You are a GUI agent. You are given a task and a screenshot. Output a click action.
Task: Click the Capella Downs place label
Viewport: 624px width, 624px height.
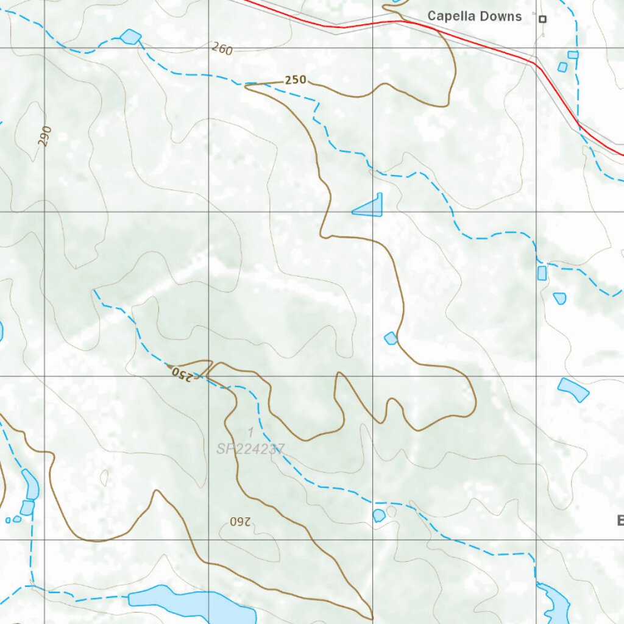474,16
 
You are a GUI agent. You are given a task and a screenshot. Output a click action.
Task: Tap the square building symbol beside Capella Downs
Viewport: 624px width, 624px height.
542,19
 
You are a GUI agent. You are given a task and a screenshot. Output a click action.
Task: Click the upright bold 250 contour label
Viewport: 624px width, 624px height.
296,80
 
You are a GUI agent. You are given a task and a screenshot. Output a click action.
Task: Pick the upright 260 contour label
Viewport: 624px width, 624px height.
222,49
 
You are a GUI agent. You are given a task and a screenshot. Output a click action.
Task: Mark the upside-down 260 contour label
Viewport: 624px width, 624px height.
241,522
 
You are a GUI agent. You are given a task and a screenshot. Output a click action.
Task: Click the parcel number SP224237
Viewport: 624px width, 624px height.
250,449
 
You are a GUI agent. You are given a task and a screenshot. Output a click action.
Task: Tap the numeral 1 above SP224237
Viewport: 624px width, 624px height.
250,432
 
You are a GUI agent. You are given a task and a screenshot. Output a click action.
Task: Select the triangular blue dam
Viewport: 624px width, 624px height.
370,207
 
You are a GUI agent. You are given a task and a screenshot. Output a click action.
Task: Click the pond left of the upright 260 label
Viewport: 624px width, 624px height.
130,37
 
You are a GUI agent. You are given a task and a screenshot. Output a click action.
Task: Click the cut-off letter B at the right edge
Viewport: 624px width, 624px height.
620,520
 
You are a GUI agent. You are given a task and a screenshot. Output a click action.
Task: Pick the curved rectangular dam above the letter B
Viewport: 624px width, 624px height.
573,389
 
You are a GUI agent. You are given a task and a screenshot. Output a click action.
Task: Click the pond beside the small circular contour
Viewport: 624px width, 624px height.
379,516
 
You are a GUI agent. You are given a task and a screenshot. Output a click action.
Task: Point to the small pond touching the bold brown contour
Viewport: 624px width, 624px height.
391,338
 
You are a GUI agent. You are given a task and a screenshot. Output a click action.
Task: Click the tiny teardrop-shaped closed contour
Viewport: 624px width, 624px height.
104,478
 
